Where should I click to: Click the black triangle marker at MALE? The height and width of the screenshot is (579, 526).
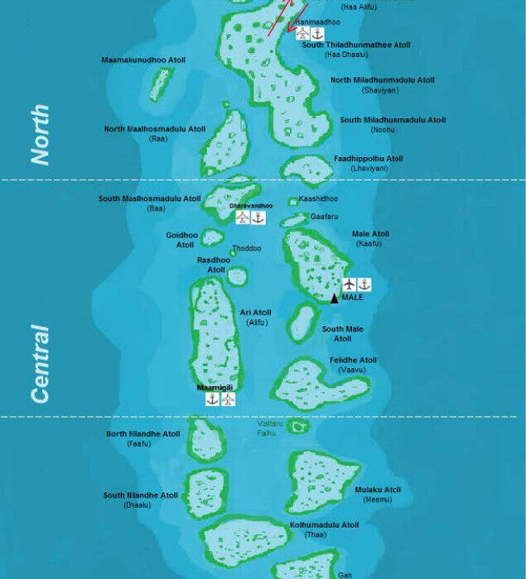(x=335, y=299)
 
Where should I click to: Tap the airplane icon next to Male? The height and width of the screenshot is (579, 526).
(x=349, y=285)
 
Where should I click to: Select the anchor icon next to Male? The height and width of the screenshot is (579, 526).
(x=364, y=285)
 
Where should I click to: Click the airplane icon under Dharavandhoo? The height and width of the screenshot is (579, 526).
(x=242, y=218)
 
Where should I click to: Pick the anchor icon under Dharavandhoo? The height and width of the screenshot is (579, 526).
(x=258, y=218)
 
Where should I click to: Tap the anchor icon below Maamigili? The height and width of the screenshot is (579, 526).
(x=213, y=399)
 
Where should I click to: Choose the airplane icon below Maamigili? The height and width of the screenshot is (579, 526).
(x=228, y=399)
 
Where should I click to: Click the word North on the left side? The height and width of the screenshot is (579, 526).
(x=39, y=135)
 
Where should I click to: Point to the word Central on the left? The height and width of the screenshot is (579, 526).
(x=39, y=364)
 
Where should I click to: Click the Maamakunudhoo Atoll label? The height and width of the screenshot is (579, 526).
(x=143, y=60)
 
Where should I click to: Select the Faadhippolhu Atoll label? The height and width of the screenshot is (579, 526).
(x=369, y=159)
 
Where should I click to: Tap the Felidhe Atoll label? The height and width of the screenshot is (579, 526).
(x=353, y=360)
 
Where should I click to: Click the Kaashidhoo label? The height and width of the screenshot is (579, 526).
(x=318, y=199)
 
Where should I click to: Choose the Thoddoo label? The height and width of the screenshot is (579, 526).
(x=246, y=248)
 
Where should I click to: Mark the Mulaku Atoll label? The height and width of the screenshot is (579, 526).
(x=378, y=490)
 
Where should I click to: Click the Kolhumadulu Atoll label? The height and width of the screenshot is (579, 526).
(x=324, y=524)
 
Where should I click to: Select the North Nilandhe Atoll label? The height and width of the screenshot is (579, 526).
(x=143, y=433)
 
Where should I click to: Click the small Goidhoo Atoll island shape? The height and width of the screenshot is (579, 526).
(x=213, y=238)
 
